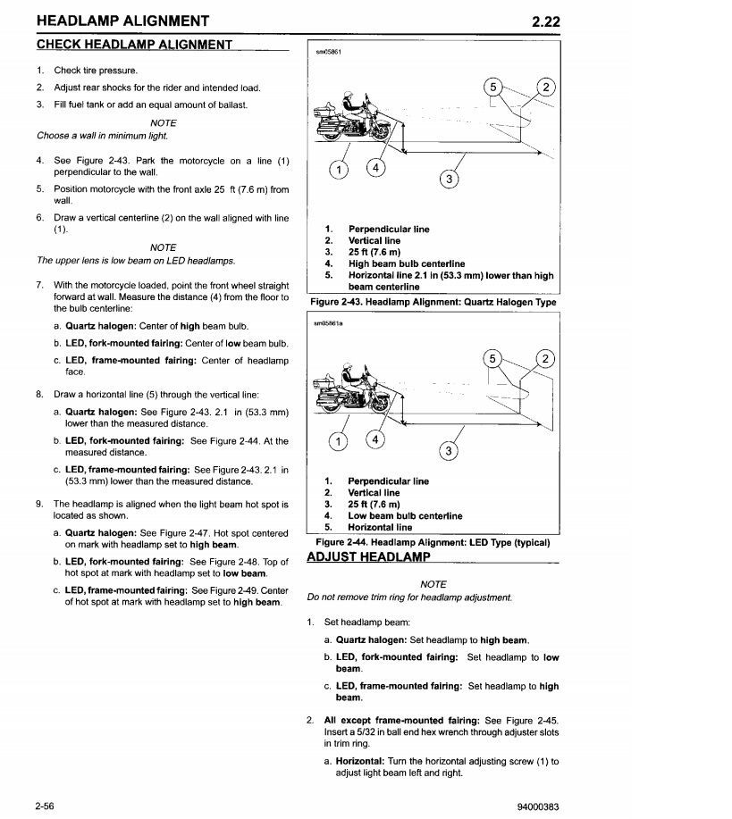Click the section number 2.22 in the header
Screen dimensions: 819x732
tap(544, 21)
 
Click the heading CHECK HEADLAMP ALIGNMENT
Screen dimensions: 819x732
tap(134, 45)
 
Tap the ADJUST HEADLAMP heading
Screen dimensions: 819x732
tap(368, 557)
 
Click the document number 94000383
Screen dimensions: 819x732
tap(537, 806)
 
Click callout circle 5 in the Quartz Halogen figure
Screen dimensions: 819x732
tap(492, 87)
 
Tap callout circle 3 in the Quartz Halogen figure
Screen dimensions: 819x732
tap(450, 180)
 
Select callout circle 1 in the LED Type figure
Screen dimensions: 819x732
tap(338, 441)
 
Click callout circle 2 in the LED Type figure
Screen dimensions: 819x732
tap(543, 360)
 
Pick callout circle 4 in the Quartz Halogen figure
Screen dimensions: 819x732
tap(377, 168)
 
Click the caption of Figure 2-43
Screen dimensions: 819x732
tap(433, 302)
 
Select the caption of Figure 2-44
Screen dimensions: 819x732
tap(433, 542)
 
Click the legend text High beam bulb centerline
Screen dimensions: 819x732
tap(406, 263)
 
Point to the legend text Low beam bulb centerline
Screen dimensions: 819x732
tap(405, 515)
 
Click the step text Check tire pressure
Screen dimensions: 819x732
tap(96, 71)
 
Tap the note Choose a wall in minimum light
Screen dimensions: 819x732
tap(102, 136)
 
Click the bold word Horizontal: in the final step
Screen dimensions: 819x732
tap(358, 761)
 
